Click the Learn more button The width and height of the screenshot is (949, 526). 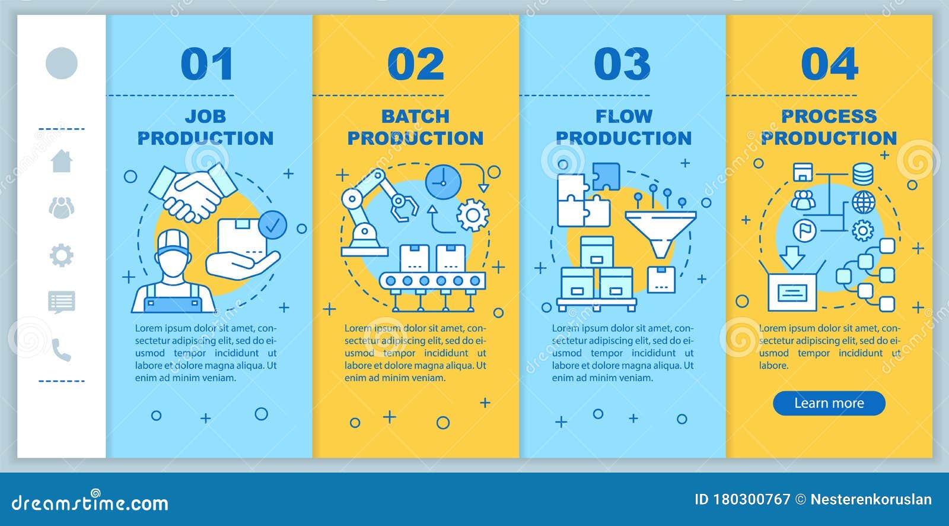[x=829, y=403]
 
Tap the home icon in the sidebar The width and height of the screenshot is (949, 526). [x=62, y=160]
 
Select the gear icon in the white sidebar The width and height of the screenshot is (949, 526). [x=62, y=256]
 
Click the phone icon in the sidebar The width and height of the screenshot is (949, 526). [x=61, y=350]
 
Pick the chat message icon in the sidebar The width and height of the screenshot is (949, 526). [x=62, y=302]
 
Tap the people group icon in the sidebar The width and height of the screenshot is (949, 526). [x=62, y=207]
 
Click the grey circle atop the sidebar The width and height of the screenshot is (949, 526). [x=62, y=63]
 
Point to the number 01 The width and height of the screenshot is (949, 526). [x=206, y=64]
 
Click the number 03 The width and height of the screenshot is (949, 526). [x=622, y=64]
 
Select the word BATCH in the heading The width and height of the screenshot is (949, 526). [x=415, y=116]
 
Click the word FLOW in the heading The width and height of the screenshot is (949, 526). [x=623, y=116]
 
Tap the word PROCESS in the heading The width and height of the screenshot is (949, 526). [x=829, y=116]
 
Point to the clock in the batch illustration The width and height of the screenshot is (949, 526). [x=442, y=182]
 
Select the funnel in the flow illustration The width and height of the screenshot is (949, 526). [x=660, y=229]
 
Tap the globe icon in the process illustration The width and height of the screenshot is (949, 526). [x=863, y=202]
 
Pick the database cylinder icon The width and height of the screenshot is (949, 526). [x=862, y=173]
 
